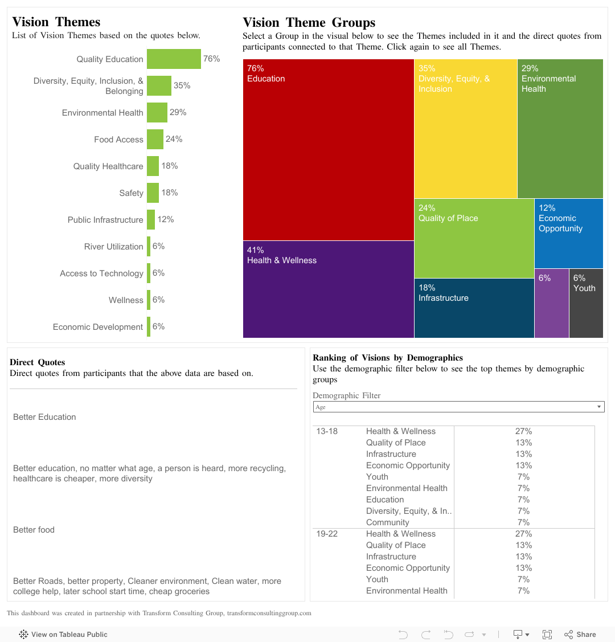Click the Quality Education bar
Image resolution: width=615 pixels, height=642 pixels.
tap(174, 59)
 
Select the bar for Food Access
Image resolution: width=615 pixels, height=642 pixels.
tap(155, 140)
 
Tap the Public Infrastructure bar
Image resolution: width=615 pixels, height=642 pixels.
tap(151, 220)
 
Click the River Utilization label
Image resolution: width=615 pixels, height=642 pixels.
tap(113, 247)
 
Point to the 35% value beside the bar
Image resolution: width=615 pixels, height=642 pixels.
tap(182, 85)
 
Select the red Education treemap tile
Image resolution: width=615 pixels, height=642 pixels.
tap(328, 149)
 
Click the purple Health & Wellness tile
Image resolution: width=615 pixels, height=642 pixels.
tap(328, 289)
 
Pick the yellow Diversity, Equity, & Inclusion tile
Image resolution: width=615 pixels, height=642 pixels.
tap(465, 128)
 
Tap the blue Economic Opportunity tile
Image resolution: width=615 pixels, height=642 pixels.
tap(568, 233)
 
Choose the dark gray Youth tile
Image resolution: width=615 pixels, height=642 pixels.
tap(586, 303)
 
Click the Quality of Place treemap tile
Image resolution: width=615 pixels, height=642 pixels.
tap(474, 238)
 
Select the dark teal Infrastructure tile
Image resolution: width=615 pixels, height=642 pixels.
tap(474, 308)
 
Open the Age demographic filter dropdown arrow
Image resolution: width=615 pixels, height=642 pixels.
tap(598, 407)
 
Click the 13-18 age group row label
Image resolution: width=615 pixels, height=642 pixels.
tap(327, 431)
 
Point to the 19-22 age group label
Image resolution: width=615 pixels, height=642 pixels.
tap(327, 534)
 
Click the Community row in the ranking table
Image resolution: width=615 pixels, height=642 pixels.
tap(387, 522)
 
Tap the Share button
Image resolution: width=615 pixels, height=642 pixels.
tap(580, 634)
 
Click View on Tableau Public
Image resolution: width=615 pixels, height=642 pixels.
tap(63, 634)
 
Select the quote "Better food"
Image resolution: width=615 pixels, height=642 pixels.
tap(34, 530)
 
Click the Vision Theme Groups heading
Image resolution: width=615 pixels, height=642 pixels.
tap(309, 23)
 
